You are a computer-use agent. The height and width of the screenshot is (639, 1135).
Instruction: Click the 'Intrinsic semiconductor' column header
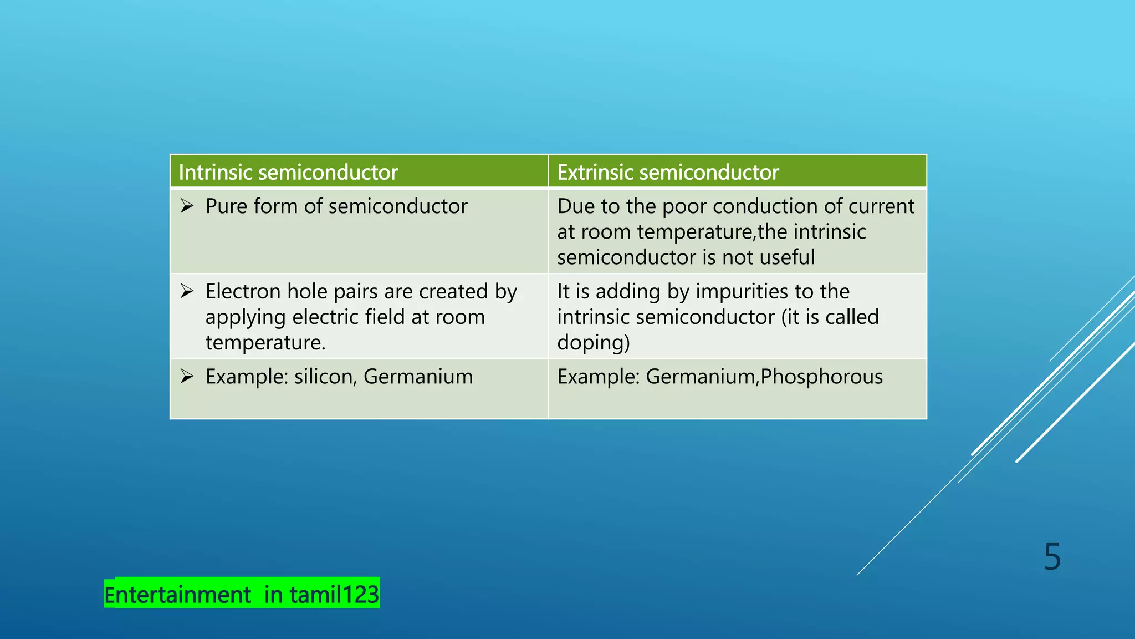pos(288,173)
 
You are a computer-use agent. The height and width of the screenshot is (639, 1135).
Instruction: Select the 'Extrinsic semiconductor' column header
pos(668,173)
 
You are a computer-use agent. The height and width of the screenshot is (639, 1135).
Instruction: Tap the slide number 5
pos(1052,557)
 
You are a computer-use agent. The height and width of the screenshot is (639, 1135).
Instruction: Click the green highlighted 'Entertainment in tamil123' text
pos(242,595)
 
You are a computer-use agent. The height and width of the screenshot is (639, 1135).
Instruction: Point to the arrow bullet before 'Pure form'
pos(187,206)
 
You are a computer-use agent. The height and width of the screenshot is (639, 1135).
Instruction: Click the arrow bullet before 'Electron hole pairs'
pos(187,291)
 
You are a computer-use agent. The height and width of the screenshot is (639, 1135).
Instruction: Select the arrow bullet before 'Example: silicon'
pos(187,377)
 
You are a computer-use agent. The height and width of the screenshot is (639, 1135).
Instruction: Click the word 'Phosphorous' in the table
pos(821,377)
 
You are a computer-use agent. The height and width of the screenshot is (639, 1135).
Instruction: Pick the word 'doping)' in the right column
pos(594,343)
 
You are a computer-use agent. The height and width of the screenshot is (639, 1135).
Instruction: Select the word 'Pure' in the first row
pos(226,206)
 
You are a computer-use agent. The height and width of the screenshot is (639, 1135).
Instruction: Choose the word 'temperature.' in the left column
pos(265,343)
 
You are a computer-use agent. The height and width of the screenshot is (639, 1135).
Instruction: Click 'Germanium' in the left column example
pos(418,377)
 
